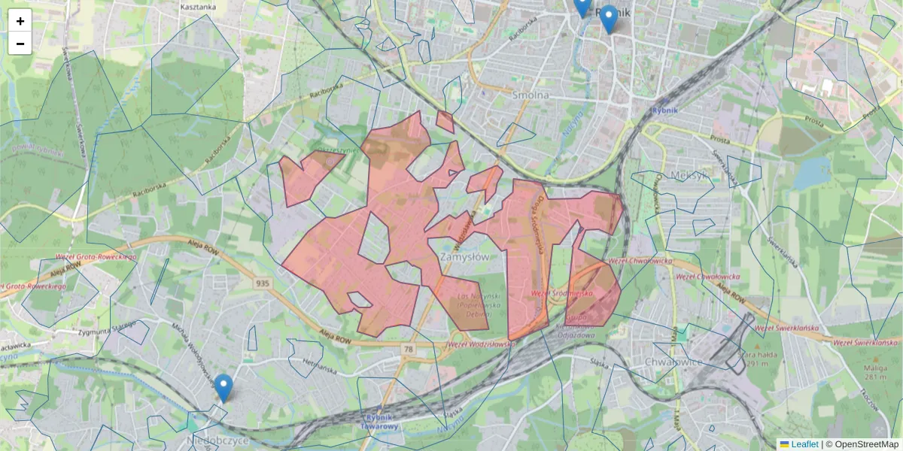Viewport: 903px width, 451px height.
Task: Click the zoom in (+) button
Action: point(20,21)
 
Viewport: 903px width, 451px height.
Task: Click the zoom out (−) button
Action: point(20,44)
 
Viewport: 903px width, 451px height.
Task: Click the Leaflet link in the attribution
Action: point(804,444)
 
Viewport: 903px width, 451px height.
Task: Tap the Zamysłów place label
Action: point(463,256)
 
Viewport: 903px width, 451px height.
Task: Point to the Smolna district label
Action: point(531,95)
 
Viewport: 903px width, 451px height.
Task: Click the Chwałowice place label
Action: point(673,362)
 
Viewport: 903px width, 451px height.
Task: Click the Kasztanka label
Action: point(198,7)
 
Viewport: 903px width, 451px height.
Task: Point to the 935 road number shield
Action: point(263,283)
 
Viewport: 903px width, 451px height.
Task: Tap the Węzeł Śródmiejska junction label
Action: point(562,292)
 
